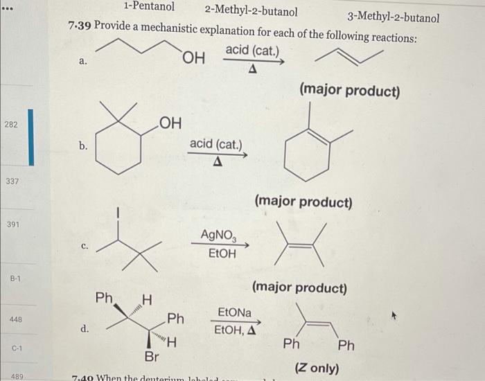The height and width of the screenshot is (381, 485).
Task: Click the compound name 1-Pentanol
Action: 148,8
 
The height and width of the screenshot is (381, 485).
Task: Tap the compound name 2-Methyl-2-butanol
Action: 251,11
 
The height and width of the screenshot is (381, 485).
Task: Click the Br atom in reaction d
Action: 153,357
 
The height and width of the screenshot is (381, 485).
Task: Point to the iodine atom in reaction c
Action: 118,212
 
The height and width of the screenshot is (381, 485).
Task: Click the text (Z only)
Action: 317,368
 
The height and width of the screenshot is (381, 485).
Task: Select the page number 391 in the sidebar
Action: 13,225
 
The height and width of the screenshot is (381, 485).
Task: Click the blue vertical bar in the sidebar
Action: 30,137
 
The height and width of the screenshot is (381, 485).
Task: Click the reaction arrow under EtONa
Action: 237,322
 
